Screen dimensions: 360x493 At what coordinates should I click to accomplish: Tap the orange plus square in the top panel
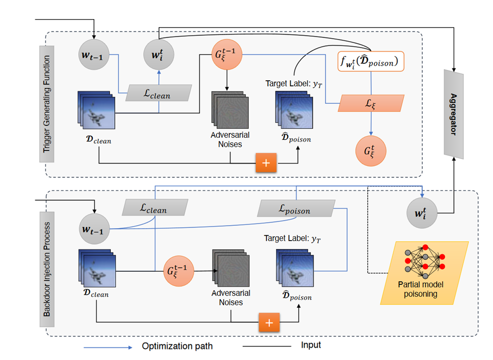pos(266,163)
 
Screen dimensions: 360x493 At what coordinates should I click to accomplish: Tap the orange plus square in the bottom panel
pos(269,322)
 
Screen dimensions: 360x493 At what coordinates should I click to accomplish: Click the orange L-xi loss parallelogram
pos(370,103)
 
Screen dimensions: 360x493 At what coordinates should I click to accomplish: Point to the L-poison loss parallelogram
pos(295,208)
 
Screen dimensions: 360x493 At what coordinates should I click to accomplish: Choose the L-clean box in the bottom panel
pos(155,207)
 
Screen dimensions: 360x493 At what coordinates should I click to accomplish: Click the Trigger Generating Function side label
pos(47,104)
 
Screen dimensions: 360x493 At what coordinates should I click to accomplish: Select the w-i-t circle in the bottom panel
pos(422,214)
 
